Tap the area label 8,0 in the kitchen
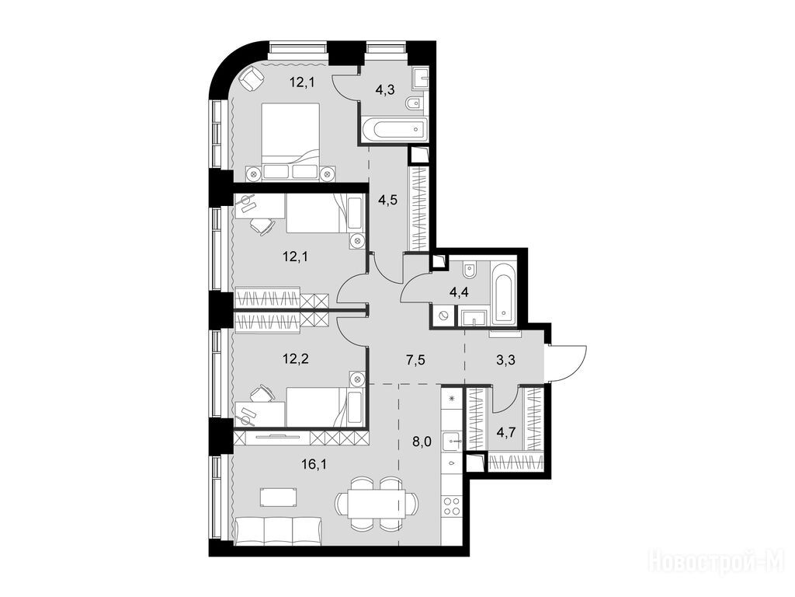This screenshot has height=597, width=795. click(x=422, y=442)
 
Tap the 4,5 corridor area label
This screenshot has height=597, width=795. click(x=388, y=200)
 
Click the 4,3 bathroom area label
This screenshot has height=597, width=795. click(x=386, y=90)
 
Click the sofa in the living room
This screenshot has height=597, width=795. click(x=279, y=531)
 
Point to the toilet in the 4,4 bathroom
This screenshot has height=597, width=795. click(x=470, y=270)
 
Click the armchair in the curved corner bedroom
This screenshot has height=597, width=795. click(x=251, y=79)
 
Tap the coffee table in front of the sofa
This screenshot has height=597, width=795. click(x=278, y=497)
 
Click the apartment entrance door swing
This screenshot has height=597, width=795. click(x=567, y=362)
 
